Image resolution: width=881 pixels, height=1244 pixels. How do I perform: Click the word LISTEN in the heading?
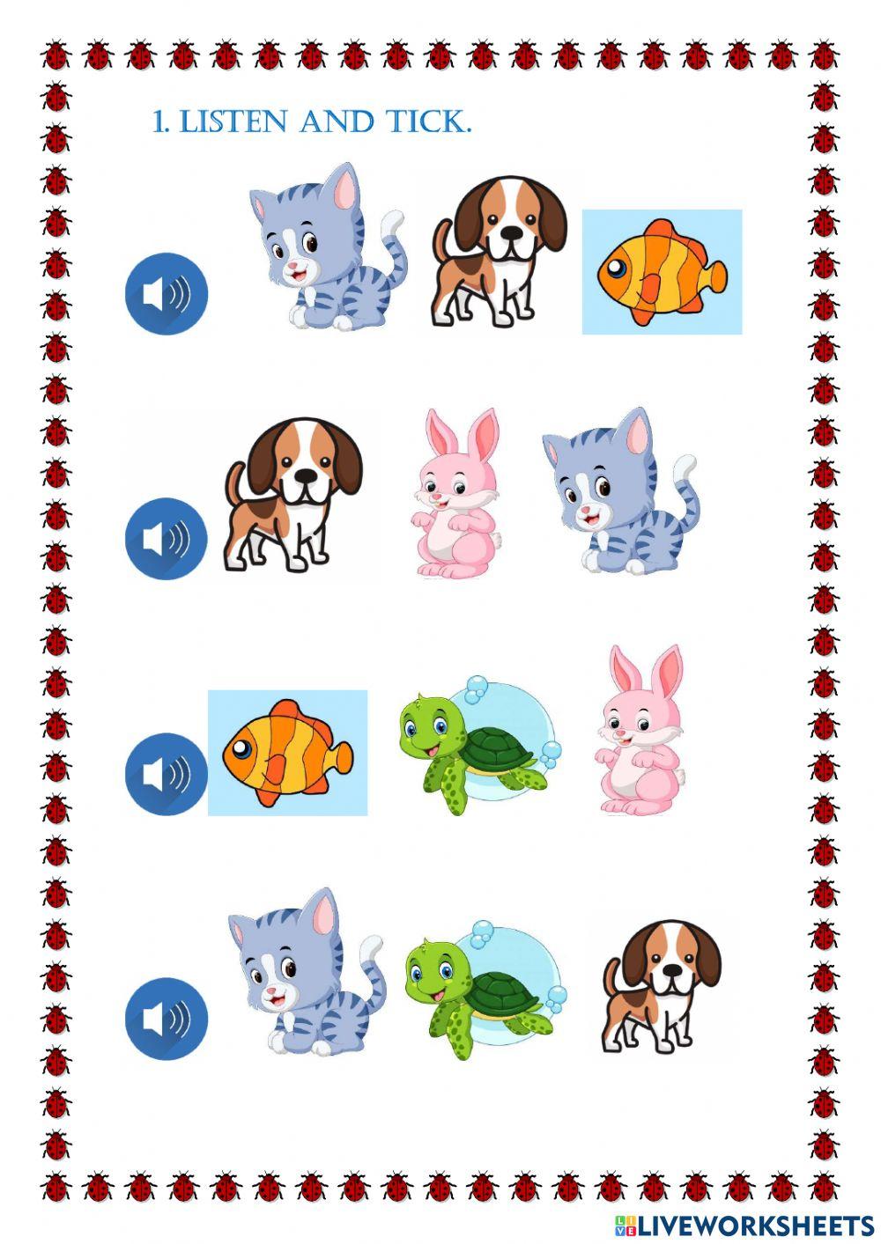point(234,121)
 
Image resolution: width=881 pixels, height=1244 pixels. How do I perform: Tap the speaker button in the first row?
point(167,293)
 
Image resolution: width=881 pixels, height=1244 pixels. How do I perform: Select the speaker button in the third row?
point(167,773)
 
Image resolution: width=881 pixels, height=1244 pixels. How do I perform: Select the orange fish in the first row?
point(662,271)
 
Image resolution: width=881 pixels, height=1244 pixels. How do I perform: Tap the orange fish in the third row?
point(287,753)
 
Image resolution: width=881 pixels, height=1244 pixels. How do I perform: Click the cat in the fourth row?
point(306,973)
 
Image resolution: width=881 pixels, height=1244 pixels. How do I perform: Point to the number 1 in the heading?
point(159,121)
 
